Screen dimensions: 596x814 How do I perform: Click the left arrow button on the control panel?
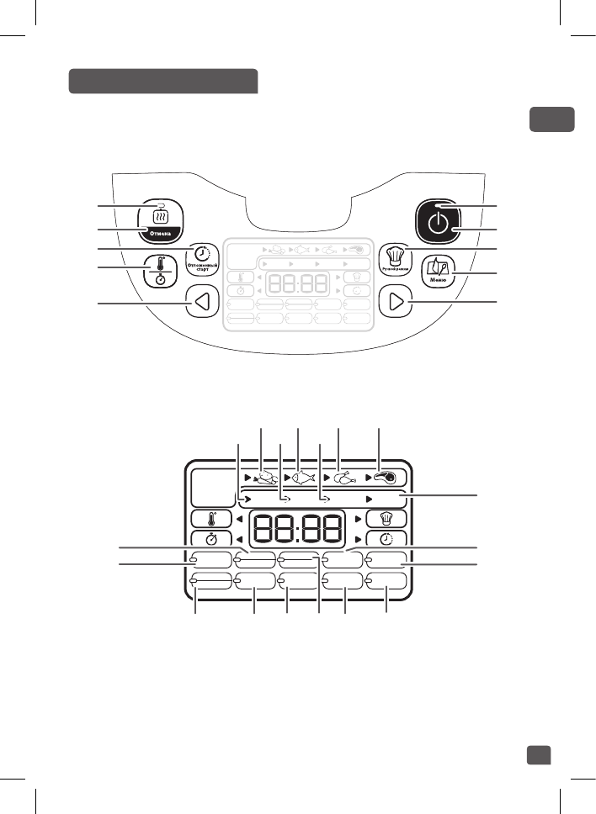[198, 303]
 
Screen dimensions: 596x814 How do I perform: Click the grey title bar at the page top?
[162, 81]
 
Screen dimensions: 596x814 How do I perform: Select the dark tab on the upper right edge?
[551, 119]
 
